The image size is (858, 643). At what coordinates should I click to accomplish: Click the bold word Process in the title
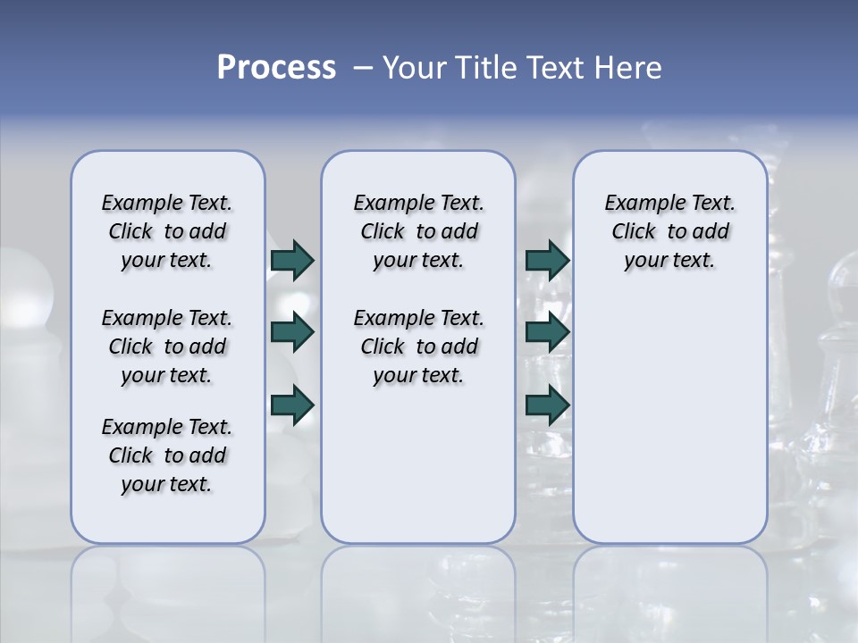[x=276, y=68]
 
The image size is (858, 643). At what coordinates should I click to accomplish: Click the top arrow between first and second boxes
[x=292, y=260]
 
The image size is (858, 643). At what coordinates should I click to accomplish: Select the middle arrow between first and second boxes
[x=292, y=332]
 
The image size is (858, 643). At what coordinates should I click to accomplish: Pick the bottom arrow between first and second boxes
[x=292, y=405]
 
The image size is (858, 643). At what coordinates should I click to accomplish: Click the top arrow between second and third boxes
[x=547, y=260]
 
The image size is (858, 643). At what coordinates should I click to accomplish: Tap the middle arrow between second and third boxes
[x=547, y=332]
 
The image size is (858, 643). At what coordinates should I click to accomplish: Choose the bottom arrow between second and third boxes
[x=547, y=405]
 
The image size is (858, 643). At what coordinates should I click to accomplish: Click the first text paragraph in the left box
[x=167, y=231]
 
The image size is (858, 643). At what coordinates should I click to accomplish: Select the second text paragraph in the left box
[x=167, y=347]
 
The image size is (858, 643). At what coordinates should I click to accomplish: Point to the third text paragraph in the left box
[x=167, y=455]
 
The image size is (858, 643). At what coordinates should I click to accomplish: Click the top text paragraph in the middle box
[x=418, y=231]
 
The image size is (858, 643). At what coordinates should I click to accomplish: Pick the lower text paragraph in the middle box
[x=418, y=347]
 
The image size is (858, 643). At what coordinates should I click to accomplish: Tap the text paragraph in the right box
[x=669, y=231]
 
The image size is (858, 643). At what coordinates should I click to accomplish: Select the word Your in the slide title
[x=415, y=68]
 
